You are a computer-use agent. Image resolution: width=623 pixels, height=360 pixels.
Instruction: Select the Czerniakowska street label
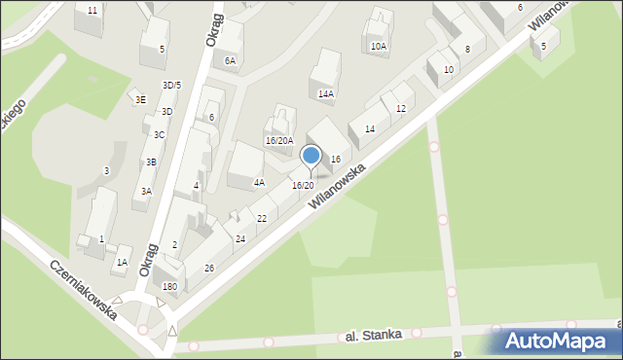85,290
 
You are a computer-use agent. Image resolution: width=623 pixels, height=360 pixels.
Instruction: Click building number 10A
379,46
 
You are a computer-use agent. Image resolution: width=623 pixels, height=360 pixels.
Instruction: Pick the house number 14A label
326,94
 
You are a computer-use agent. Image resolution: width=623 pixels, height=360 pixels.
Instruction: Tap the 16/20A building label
279,140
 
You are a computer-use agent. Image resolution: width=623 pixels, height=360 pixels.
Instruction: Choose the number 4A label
259,182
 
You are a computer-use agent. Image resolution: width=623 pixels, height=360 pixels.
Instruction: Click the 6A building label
231,60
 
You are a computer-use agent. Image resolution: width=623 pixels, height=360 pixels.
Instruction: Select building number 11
92,10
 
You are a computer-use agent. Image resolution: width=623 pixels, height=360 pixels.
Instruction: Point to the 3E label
140,99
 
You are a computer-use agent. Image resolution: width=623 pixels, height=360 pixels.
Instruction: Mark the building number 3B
151,162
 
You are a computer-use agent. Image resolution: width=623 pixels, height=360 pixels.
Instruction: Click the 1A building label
122,262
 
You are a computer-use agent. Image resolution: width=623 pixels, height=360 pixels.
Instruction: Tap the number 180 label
169,286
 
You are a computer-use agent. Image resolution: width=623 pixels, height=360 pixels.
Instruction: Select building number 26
208,269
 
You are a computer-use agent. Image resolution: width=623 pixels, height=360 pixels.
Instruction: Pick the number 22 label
262,218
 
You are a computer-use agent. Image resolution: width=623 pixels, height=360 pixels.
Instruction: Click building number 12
401,108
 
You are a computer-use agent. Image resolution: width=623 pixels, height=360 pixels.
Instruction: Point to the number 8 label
467,49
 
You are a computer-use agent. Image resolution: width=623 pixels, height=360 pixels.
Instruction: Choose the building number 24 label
240,238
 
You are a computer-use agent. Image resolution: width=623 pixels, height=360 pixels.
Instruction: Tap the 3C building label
159,134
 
